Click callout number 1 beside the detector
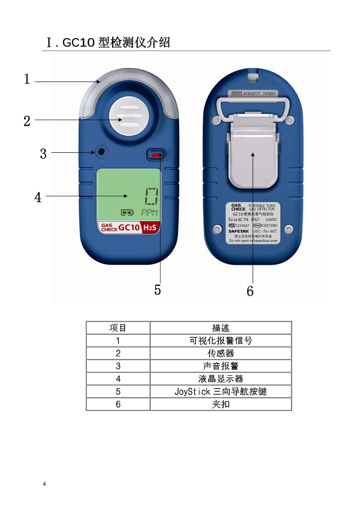(x=27, y=79)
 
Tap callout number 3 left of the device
(x=43, y=154)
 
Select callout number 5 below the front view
(x=157, y=290)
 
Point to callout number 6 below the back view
(x=250, y=291)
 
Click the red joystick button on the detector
(x=156, y=155)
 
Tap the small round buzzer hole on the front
(x=101, y=151)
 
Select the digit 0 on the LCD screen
(x=152, y=196)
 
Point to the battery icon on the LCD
(x=127, y=213)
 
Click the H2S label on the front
(x=150, y=228)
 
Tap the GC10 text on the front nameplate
(x=129, y=227)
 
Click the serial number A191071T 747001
(x=259, y=94)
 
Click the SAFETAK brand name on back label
(x=238, y=231)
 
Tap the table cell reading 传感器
(x=220, y=353)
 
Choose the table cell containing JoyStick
(x=220, y=391)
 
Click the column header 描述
(x=220, y=328)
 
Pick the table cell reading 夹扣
(x=220, y=404)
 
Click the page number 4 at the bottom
(x=44, y=484)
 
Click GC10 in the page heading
(x=79, y=43)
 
